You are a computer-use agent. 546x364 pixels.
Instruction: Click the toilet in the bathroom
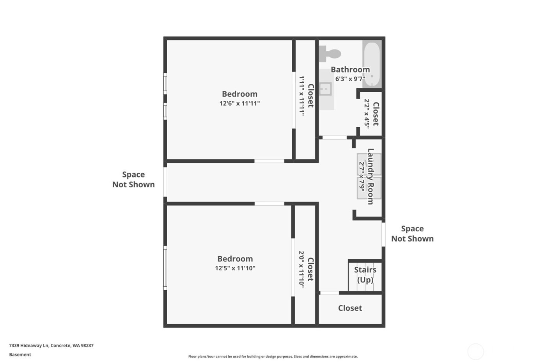(329, 54)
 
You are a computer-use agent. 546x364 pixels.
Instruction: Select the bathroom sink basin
(325, 89)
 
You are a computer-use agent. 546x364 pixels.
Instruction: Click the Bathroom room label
(350, 69)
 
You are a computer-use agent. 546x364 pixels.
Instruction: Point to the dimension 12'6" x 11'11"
(239, 103)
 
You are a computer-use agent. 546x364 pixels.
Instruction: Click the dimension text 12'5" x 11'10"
(235, 268)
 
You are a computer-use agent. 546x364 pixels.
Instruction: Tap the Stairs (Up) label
(365, 275)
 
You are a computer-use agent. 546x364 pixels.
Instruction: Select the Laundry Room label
(370, 176)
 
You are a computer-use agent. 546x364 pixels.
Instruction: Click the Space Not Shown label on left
(133, 179)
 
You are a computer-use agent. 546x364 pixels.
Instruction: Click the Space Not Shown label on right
(412, 234)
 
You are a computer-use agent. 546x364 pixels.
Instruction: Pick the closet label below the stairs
(350, 308)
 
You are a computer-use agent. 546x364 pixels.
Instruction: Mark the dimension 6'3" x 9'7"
(350, 79)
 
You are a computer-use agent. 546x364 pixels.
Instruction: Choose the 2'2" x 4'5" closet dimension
(367, 114)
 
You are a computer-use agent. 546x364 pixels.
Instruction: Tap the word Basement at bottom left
(20, 355)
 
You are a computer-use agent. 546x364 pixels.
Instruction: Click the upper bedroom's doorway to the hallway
(269, 161)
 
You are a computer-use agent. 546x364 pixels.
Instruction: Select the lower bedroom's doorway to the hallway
(269, 204)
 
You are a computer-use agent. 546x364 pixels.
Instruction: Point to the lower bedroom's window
(165, 268)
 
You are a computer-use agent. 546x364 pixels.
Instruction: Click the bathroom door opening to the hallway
(335, 138)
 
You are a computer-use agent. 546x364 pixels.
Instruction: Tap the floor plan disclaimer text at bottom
(273, 357)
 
